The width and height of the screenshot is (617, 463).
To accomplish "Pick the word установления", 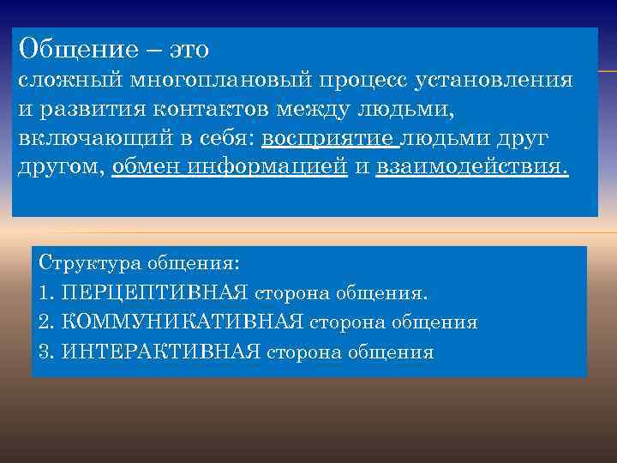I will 494,81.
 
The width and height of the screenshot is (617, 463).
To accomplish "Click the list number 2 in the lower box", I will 45,322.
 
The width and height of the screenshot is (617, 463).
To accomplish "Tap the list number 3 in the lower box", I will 45,351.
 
